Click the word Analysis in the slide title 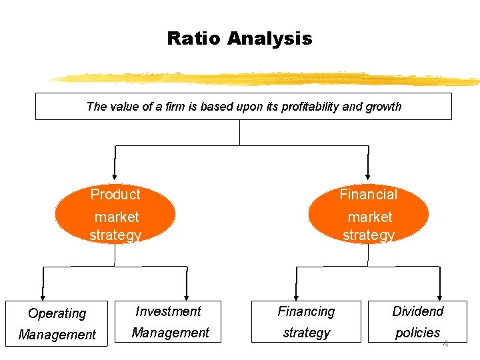pos(269,39)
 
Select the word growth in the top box pos(383,106)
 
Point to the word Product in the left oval pos(115,195)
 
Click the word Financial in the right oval pos(368,195)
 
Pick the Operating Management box pos(57,323)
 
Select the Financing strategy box pos(306,322)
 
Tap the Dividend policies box pos(417,322)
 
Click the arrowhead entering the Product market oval pos(115,175)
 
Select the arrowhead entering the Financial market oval pos(367,175)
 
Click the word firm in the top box pos(166,106)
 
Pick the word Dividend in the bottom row pos(417,311)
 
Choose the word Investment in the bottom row pos(168,311)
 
